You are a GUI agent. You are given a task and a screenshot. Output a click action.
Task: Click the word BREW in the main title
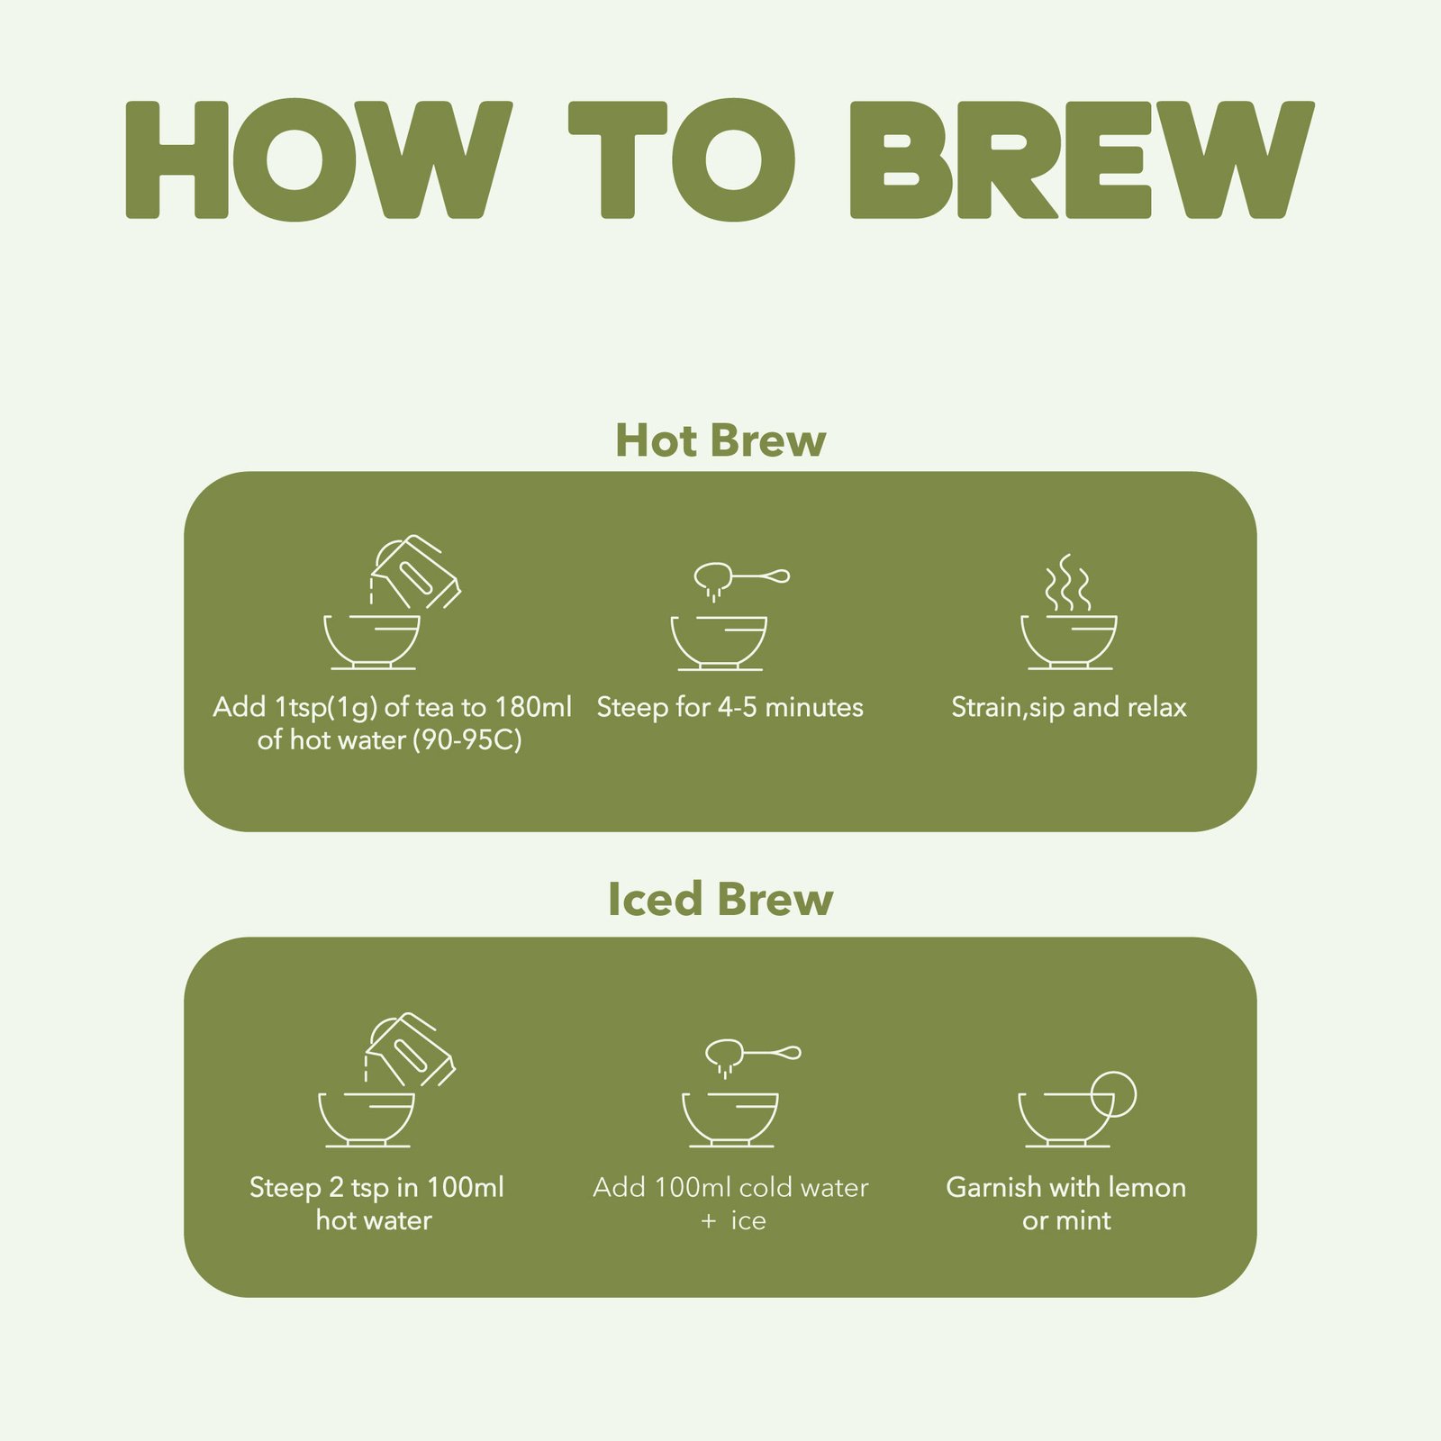1082,159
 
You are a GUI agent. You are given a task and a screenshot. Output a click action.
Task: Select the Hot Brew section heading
720,440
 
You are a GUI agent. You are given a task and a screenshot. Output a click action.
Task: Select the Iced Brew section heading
720,899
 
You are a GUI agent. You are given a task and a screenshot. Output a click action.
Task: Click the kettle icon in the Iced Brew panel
411,1050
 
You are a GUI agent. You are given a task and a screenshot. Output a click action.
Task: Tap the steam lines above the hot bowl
1067,583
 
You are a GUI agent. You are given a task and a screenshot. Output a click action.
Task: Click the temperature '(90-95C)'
467,740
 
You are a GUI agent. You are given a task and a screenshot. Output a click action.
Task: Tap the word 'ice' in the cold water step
748,1220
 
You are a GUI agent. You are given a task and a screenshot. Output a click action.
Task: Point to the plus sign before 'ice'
709,1222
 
